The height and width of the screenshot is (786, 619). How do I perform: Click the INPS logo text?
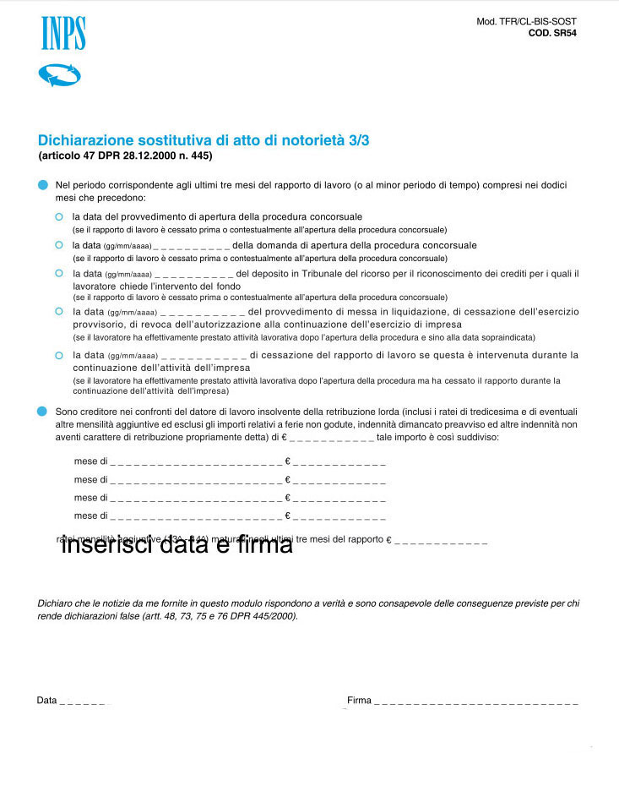pos(63,34)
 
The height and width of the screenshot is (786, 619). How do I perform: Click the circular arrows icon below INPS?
pos(59,75)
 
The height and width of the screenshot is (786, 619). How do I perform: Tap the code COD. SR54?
pos(552,34)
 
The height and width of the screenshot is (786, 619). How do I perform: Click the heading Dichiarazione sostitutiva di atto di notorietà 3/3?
pos(204,140)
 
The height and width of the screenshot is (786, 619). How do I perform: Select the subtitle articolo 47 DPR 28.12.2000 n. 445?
pos(125,156)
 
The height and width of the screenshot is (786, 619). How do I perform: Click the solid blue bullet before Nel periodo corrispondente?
pos(43,184)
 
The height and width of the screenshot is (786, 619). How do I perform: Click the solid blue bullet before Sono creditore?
pos(43,411)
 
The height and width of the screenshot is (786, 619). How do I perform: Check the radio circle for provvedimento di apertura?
pos(59,217)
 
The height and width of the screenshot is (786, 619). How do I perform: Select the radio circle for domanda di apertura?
pos(59,245)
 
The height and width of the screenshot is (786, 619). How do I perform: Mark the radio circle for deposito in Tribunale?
pos(59,273)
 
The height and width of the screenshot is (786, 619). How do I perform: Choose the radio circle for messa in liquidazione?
pos(59,311)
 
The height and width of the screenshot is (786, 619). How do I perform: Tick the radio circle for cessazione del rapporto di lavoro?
pos(59,355)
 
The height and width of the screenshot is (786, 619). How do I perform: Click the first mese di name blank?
pos(196,463)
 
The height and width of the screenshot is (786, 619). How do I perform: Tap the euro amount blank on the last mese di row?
pos(339,516)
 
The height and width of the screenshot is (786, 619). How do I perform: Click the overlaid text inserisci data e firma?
pos(176,545)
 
